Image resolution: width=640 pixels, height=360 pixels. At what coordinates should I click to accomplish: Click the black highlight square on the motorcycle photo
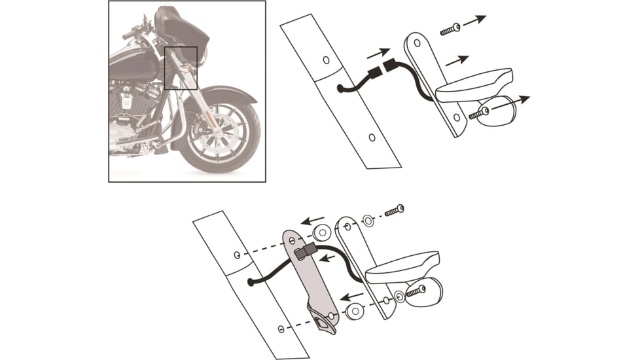pyautogui.click(x=181, y=67)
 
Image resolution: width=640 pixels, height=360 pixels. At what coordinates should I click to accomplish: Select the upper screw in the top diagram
pyautogui.click(x=450, y=29)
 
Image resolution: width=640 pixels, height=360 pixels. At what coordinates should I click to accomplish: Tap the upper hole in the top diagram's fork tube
pyautogui.click(x=327, y=60)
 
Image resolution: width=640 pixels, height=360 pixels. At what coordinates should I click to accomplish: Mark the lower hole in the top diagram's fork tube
pyautogui.click(x=372, y=137)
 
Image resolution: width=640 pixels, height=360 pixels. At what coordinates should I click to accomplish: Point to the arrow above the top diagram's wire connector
pyautogui.click(x=379, y=52)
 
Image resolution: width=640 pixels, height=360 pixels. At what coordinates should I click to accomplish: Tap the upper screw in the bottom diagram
pyautogui.click(x=394, y=211)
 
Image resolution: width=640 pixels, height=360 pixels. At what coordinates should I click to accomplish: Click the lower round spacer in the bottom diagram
pyautogui.click(x=355, y=312)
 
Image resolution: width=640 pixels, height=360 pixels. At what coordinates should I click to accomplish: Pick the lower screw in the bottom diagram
pyautogui.click(x=414, y=293)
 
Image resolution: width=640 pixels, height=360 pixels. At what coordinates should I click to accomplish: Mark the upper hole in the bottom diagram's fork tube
pyautogui.click(x=237, y=255)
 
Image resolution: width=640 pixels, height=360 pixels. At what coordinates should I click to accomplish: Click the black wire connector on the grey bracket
pyautogui.click(x=304, y=251)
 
